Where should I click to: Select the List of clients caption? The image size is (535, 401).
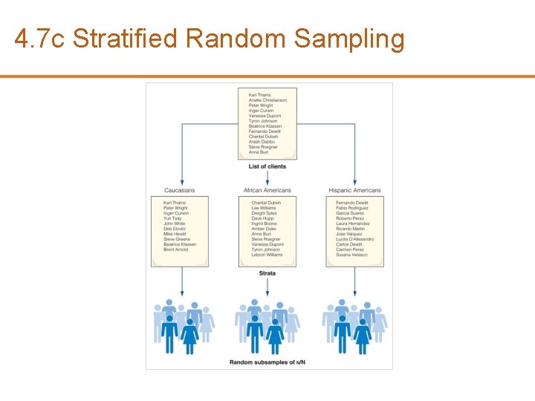[267, 166]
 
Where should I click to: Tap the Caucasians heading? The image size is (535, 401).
[180, 190]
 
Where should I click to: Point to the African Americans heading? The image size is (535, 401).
[267, 190]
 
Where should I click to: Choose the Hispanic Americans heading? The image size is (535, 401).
[354, 190]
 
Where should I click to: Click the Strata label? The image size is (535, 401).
[267, 273]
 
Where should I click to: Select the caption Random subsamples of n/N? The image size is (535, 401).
[267, 362]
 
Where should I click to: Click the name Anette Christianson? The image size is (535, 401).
[267, 100]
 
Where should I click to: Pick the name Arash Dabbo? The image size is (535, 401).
[262, 142]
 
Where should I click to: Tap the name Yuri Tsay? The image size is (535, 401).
[174, 218]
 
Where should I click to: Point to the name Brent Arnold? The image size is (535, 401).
[176, 250]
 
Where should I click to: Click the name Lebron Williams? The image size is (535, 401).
[267, 255]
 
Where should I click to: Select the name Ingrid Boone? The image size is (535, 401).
[263, 224]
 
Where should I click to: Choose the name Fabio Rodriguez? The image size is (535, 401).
[352, 208]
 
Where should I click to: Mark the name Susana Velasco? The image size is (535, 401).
[351, 255]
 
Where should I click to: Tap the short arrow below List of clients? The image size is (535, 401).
[267, 177]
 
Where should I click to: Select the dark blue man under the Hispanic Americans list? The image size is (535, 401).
[343, 332]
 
